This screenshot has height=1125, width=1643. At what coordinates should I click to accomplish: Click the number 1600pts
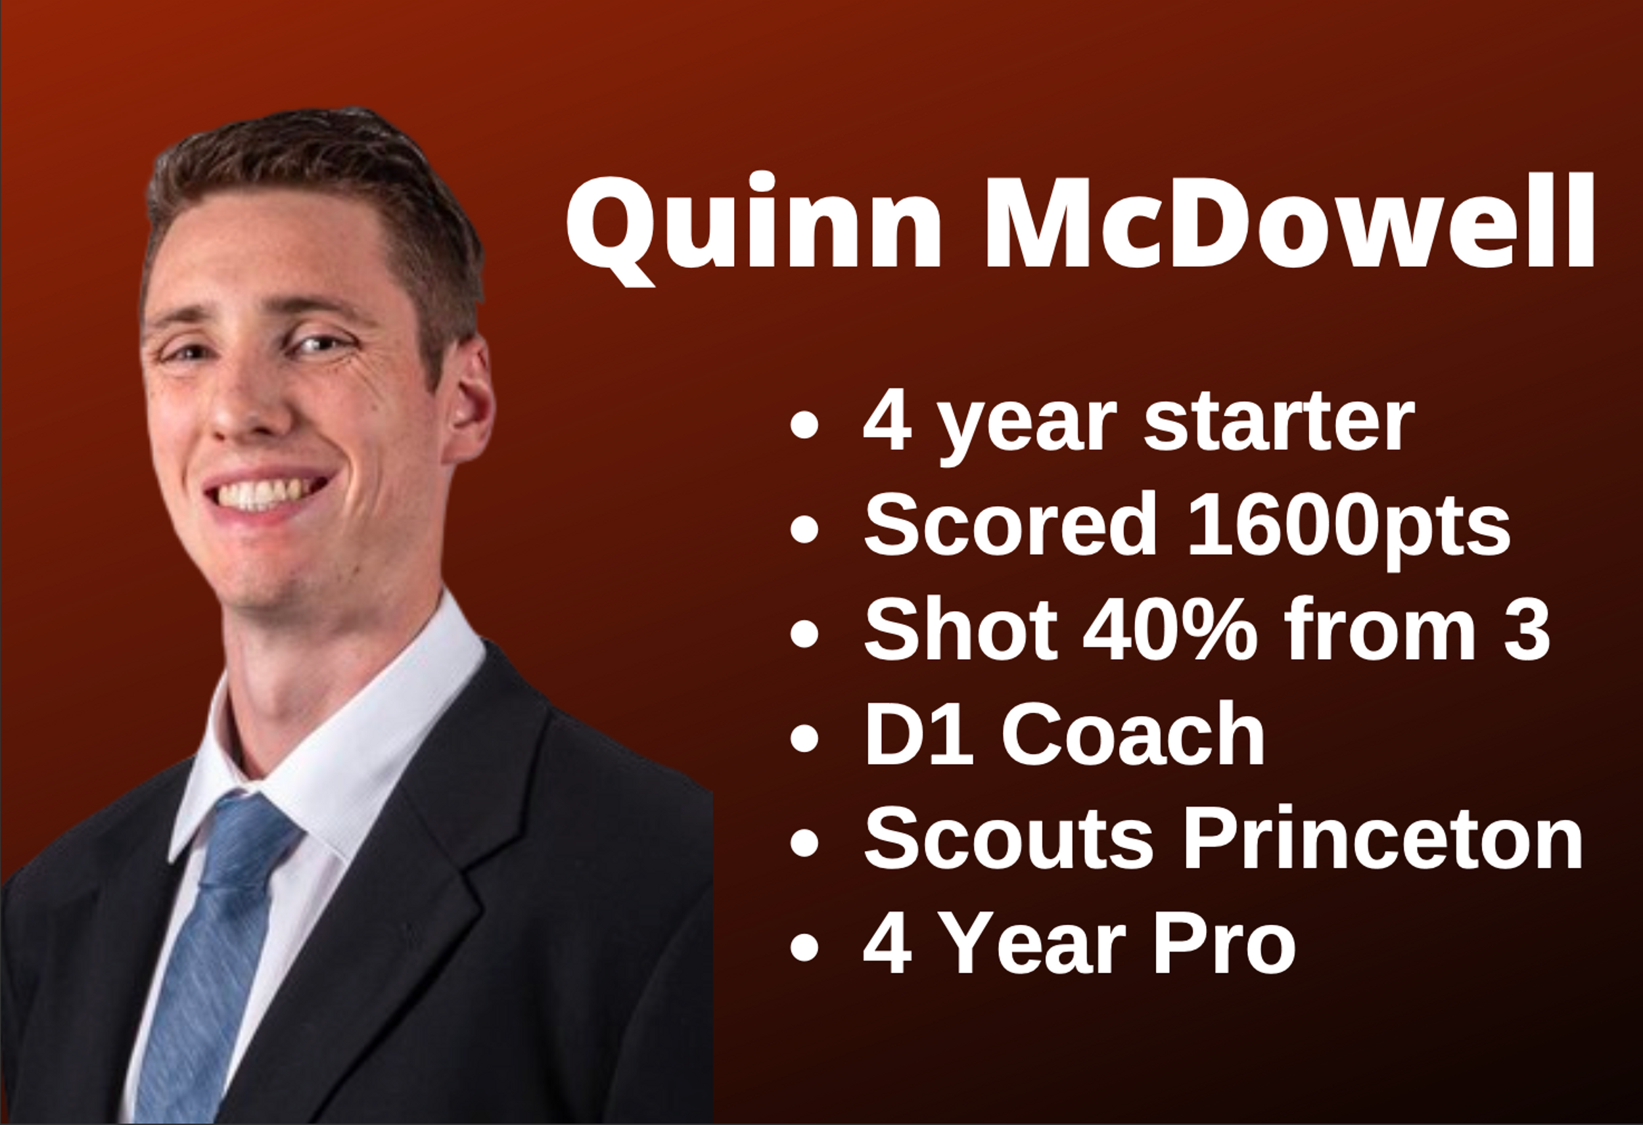click(x=1348, y=526)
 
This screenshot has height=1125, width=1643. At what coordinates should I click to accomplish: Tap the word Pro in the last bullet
click(x=1224, y=942)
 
